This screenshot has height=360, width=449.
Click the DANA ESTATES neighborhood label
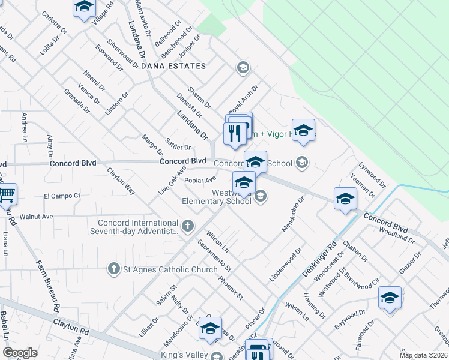(x=173, y=66)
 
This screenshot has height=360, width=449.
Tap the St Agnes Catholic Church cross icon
(x=114, y=269)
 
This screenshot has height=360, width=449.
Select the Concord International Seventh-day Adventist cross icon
(x=188, y=226)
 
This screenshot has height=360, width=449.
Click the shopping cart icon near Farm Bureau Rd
(x=6, y=194)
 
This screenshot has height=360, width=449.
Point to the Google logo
(x=19, y=353)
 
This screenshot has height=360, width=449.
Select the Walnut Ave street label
(x=37, y=216)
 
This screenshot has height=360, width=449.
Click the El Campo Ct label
(x=62, y=196)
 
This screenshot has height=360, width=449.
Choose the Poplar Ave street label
(x=200, y=179)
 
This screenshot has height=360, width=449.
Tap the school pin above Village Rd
(x=85, y=7)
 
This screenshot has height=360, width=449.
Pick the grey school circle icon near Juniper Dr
(x=243, y=67)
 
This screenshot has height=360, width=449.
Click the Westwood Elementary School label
(x=217, y=197)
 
